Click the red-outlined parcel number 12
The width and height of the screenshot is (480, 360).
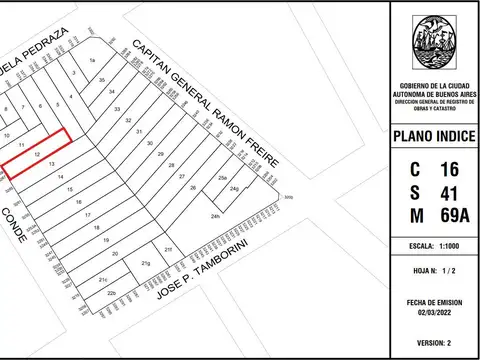coord(37,155)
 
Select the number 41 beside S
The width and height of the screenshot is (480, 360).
coord(449,192)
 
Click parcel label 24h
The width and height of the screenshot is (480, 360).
coord(215,217)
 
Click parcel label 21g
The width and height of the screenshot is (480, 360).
coord(145,263)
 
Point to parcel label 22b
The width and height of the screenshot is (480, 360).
coord(112,293)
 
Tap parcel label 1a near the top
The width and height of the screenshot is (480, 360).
coord(92,61)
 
